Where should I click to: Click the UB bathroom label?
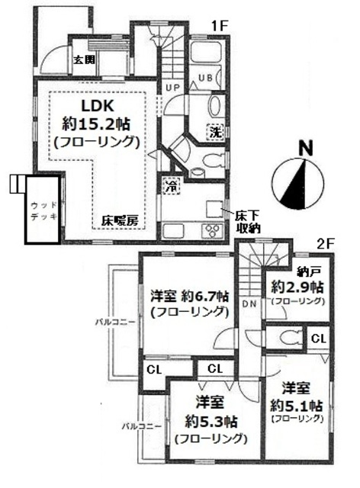(206, 77)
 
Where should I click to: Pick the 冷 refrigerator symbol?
(168, 185)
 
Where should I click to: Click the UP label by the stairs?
(173, 88)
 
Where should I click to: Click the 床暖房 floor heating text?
(121, 221)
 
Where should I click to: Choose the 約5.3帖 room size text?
(211, 422)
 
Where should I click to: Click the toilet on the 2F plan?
(288, 337)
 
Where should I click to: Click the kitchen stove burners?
(210, 231)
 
